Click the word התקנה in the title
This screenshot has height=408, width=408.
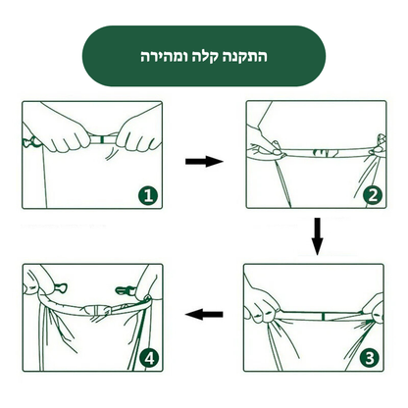[x=247, y=57]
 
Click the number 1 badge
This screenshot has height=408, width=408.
[x=148, y=196]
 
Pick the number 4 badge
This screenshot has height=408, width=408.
[x=148, y=359]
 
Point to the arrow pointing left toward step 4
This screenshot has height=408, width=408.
[x=204, y=316]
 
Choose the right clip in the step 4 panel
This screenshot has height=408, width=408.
[x=126, y=290]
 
